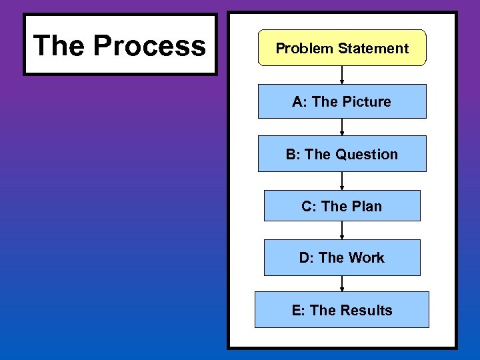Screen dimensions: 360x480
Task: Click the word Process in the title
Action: coord(149,45)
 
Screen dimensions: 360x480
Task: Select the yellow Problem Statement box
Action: coord(342,48)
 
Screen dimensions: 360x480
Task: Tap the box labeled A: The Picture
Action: coord(342,101)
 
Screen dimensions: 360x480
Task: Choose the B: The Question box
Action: coord(342,154)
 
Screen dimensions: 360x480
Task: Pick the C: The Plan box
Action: coord(342,206)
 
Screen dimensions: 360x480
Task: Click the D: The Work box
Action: coord(342,257)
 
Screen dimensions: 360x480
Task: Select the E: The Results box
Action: coord(342,310)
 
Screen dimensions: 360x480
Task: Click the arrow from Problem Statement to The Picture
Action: coord(342,75)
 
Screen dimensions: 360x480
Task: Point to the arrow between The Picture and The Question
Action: coord(342,127)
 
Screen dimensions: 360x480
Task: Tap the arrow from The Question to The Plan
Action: coord(342,181)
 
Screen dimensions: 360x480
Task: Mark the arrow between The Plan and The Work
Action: coord(342,230)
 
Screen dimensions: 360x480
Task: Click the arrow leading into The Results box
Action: coord(342,283)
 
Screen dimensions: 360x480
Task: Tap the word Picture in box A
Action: coord(367,101)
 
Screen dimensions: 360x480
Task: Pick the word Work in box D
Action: coord(367,257)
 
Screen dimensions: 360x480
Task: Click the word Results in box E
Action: coord(367,310)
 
